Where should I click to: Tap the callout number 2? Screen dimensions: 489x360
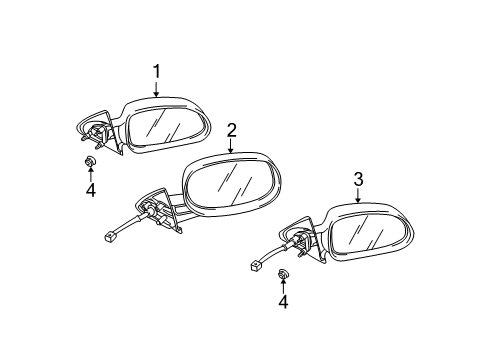[231, 129]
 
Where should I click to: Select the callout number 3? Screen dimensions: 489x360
[358, 180]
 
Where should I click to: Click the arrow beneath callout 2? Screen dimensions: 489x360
[231, 146]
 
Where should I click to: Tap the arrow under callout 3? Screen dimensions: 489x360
[358, 197]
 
